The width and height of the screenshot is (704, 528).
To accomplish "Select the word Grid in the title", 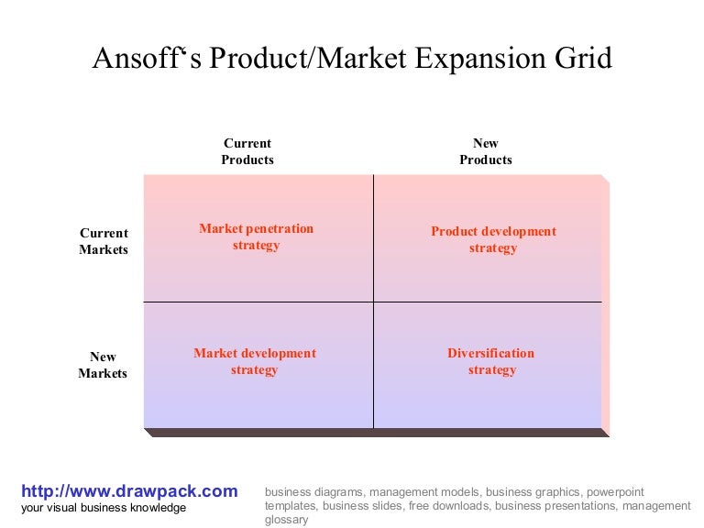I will pyautogui.click(x=582, y=60).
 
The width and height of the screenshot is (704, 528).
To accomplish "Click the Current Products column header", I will pyautogui.click(x=247, y=151).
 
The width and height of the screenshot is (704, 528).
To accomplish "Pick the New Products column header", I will pyautogui.click(x=486, y=151).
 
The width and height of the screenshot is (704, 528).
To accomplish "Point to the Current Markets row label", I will pyautogui.click(x=104, y=241).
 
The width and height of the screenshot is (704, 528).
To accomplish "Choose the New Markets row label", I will pyautogui.click(x=103, y=365).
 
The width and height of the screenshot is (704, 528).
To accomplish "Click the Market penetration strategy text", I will pyautogui.click(x=256, y=236).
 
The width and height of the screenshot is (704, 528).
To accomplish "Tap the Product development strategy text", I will pyautogui.click(x=493, y=239).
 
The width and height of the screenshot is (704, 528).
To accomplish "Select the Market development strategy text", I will pyautogui.click(x=255, y=361).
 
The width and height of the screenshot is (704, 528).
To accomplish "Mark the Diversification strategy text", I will pyautogui.click(x=491, y=361).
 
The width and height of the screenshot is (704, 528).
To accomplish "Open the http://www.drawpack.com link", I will pyautogui.click(x=129, y=491).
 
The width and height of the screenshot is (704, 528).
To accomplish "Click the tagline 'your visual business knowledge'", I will pyautogui.click(x=104, y=508).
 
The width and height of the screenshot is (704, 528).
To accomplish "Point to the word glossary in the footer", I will pyautogui.click(x=287, y=520).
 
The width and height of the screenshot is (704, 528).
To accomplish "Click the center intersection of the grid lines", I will pyautogui.click(x=373, y=302).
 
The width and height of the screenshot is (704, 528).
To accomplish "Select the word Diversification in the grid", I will pyautogui.click(x=491, y=353).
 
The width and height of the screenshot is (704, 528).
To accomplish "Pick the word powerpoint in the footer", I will pyautogui.click(x=615, y=491).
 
